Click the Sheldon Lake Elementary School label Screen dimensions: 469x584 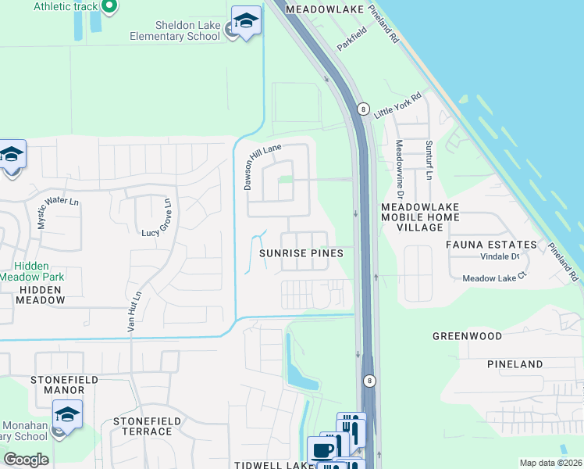(177, 29)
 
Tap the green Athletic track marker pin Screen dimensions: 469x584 (109, 7)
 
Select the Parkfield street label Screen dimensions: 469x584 (351, 41)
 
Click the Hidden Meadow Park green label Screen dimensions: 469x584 (31, 271)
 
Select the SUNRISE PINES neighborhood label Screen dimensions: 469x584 (301, 254)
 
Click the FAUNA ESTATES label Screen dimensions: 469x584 (491, 245)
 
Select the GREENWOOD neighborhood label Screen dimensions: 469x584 (468, 336)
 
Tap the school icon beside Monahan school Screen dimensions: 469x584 (68, 415)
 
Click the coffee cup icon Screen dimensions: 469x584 (322, 450)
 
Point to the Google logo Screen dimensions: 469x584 (26, 459)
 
